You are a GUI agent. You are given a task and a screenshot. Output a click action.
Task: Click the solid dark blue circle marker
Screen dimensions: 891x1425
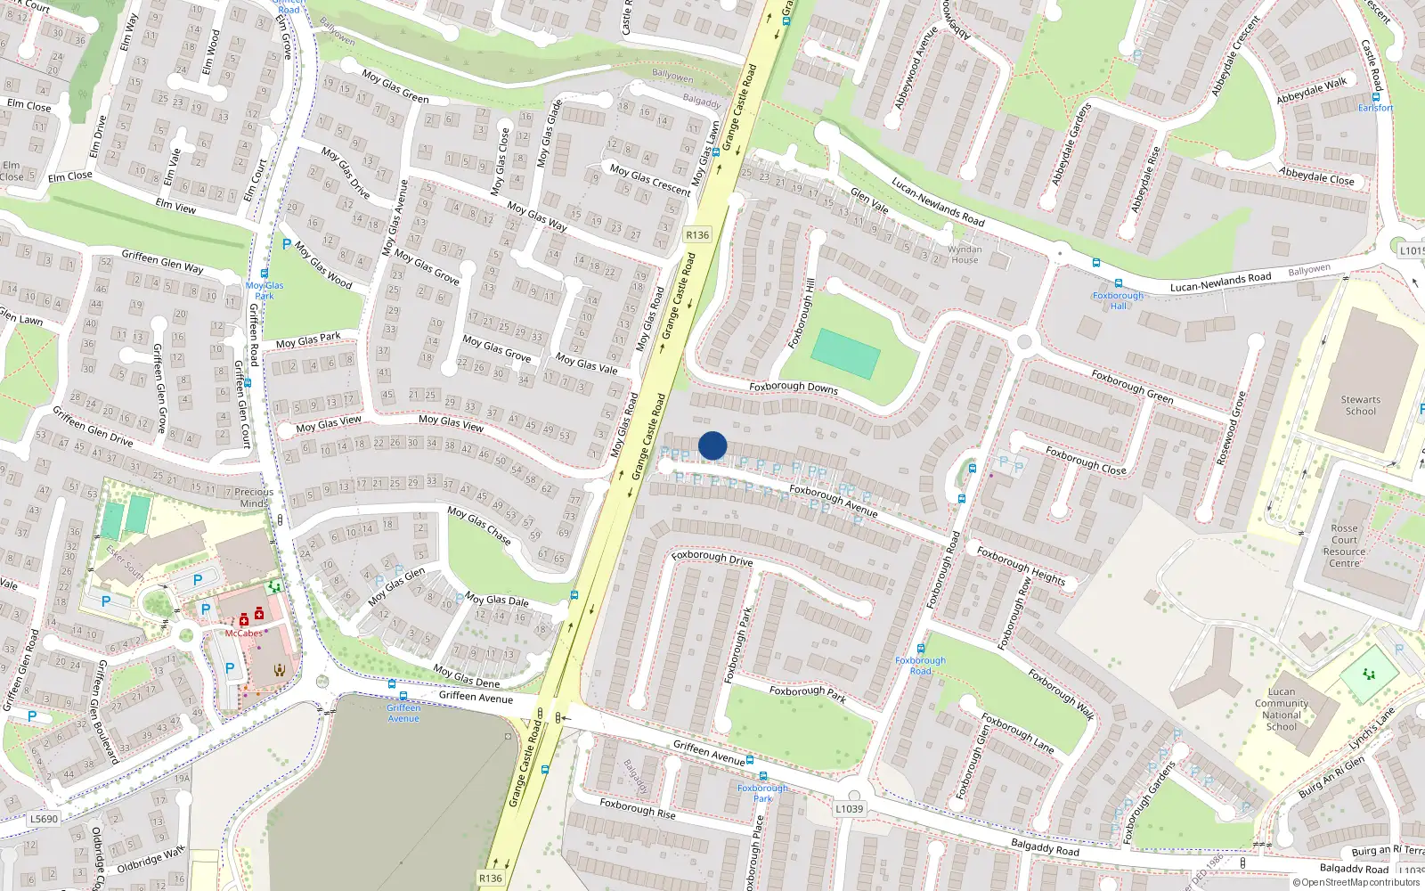(712, 445)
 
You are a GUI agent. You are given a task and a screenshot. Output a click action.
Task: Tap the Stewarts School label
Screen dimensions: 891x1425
(1360, 405)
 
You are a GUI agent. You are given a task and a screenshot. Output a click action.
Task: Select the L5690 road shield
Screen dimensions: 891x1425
(44, 819)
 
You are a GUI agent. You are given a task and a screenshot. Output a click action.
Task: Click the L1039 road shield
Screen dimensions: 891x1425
(849, 809)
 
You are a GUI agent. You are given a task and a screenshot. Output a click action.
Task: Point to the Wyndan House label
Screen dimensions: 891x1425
(964, 255)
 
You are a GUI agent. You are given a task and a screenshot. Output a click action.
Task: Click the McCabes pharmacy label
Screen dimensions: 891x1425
(243, 634)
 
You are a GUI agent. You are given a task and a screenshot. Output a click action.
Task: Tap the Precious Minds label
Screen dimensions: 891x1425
(254, 497)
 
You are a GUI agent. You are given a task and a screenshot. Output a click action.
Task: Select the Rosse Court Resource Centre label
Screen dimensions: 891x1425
(1344, 545)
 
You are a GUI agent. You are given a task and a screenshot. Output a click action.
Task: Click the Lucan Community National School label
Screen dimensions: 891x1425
(1282, 709)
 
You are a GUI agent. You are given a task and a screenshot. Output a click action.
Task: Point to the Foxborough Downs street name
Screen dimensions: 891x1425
(793, 388)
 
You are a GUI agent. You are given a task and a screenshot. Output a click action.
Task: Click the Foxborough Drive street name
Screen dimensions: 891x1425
(712, 558)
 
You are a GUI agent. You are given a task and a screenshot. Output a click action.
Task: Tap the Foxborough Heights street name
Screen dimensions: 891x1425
(1021, 565)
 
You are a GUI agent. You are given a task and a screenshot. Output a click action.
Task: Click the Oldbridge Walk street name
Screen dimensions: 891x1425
(151, 861)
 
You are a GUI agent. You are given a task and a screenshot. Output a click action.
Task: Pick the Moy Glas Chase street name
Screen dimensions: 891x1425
(479, 526)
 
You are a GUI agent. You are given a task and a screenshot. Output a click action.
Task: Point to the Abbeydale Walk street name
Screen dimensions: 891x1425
(1311, 91)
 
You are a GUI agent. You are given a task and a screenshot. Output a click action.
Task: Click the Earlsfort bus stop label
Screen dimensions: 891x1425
(1375, 108)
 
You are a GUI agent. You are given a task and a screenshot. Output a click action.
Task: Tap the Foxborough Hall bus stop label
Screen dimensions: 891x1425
(1118, 300)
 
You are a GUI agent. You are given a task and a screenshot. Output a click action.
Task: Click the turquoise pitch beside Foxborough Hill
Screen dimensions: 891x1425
(845, 353)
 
